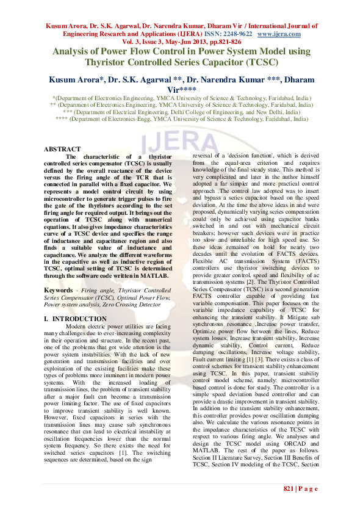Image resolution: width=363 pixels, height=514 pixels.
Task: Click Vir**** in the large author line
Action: tap(182, 89)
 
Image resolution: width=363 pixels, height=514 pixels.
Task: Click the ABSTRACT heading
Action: tap(62, 149)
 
